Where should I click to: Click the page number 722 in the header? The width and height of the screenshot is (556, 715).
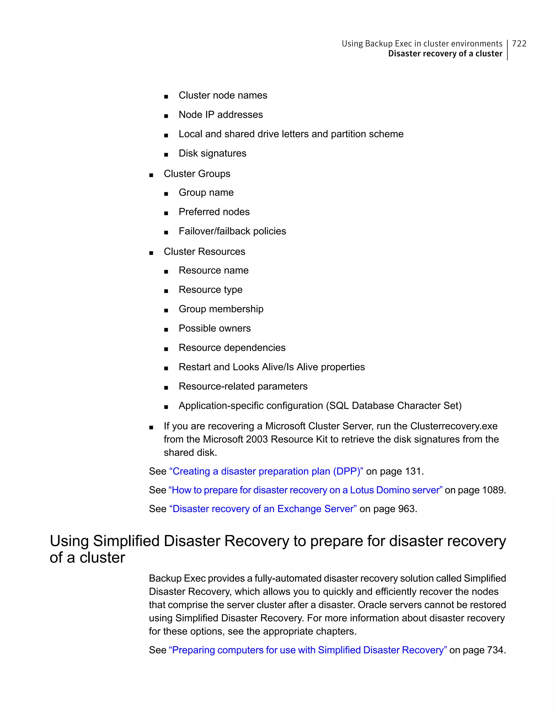pos(519,43)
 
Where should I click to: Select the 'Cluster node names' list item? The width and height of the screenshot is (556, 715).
pos(223,95)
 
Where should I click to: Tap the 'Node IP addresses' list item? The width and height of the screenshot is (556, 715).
pos(220,115)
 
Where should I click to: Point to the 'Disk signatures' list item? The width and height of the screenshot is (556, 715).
pos(212,153)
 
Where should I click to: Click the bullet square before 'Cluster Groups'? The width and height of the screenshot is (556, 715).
pos(151,175)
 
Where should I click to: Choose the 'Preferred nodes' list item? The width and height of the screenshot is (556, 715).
pos(214,212)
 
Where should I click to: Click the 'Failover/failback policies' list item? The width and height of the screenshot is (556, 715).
pos(232,231)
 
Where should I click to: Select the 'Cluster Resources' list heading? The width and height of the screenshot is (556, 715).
pos(204,251)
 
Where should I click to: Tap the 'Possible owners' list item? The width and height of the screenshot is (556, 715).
pos(214,328)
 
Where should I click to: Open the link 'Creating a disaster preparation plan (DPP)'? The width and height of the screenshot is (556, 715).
pos(266,471)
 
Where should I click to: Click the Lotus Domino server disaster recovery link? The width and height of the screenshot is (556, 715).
pos(305,490)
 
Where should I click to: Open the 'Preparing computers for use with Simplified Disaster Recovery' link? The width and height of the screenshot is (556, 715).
pos(308,650)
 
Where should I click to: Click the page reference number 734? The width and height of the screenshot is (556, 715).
pos(495,650)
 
